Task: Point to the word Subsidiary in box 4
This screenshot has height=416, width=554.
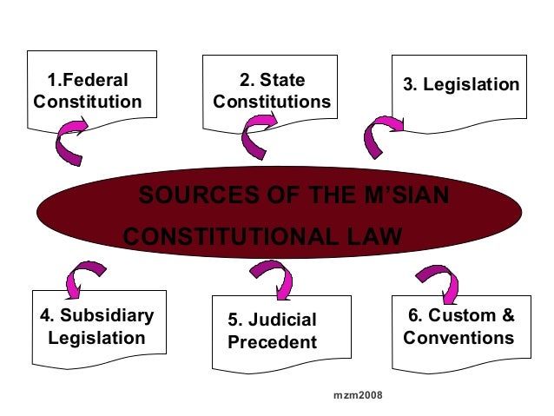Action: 104,315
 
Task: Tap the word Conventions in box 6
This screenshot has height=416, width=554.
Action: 458,337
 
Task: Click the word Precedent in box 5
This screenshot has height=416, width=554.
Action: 272,342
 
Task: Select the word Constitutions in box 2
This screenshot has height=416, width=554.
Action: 272,102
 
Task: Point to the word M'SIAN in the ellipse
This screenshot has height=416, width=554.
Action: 404,195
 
